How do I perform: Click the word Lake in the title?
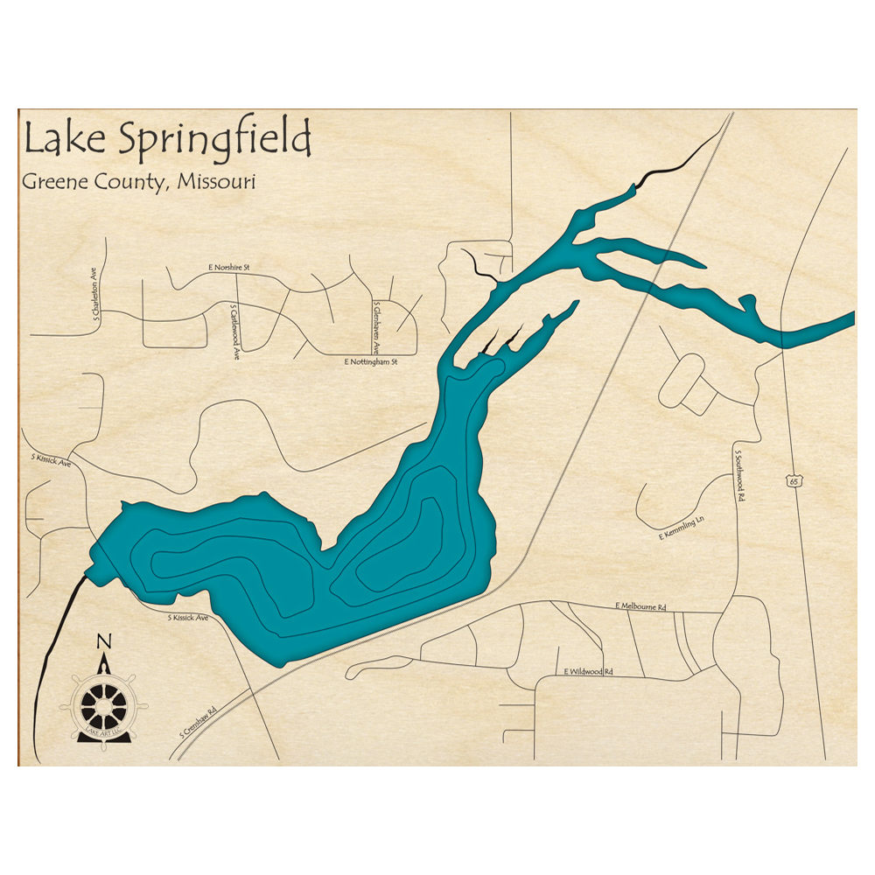pos(59,141)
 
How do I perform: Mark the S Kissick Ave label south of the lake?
pos(188,618)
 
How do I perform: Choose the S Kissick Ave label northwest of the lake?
pos(51,460)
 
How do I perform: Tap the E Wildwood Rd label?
pos(588,672)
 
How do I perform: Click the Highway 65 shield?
pos(793,480)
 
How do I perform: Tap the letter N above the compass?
pos(104,641)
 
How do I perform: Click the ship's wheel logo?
pos(103,704)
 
